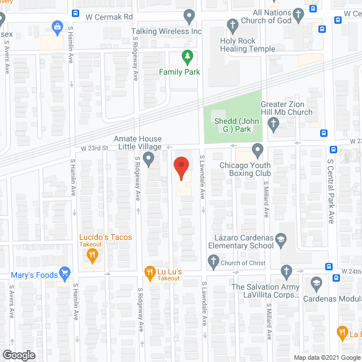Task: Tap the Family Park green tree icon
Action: pos(188,57)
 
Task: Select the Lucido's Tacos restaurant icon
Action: pos(92,256)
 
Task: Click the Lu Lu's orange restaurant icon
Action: pos(150,272)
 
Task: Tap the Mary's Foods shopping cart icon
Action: pos(65,273)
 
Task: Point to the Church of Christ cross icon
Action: pos(213,260)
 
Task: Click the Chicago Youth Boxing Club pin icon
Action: pos(257,150)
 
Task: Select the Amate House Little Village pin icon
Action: pos(149,158)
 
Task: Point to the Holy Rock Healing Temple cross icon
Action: pos(232,25)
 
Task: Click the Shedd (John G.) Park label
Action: pos(232,126)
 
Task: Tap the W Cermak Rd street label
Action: pos(109,17)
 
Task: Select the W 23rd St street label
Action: pos(94,148)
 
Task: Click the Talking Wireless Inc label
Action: pos(166,31)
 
